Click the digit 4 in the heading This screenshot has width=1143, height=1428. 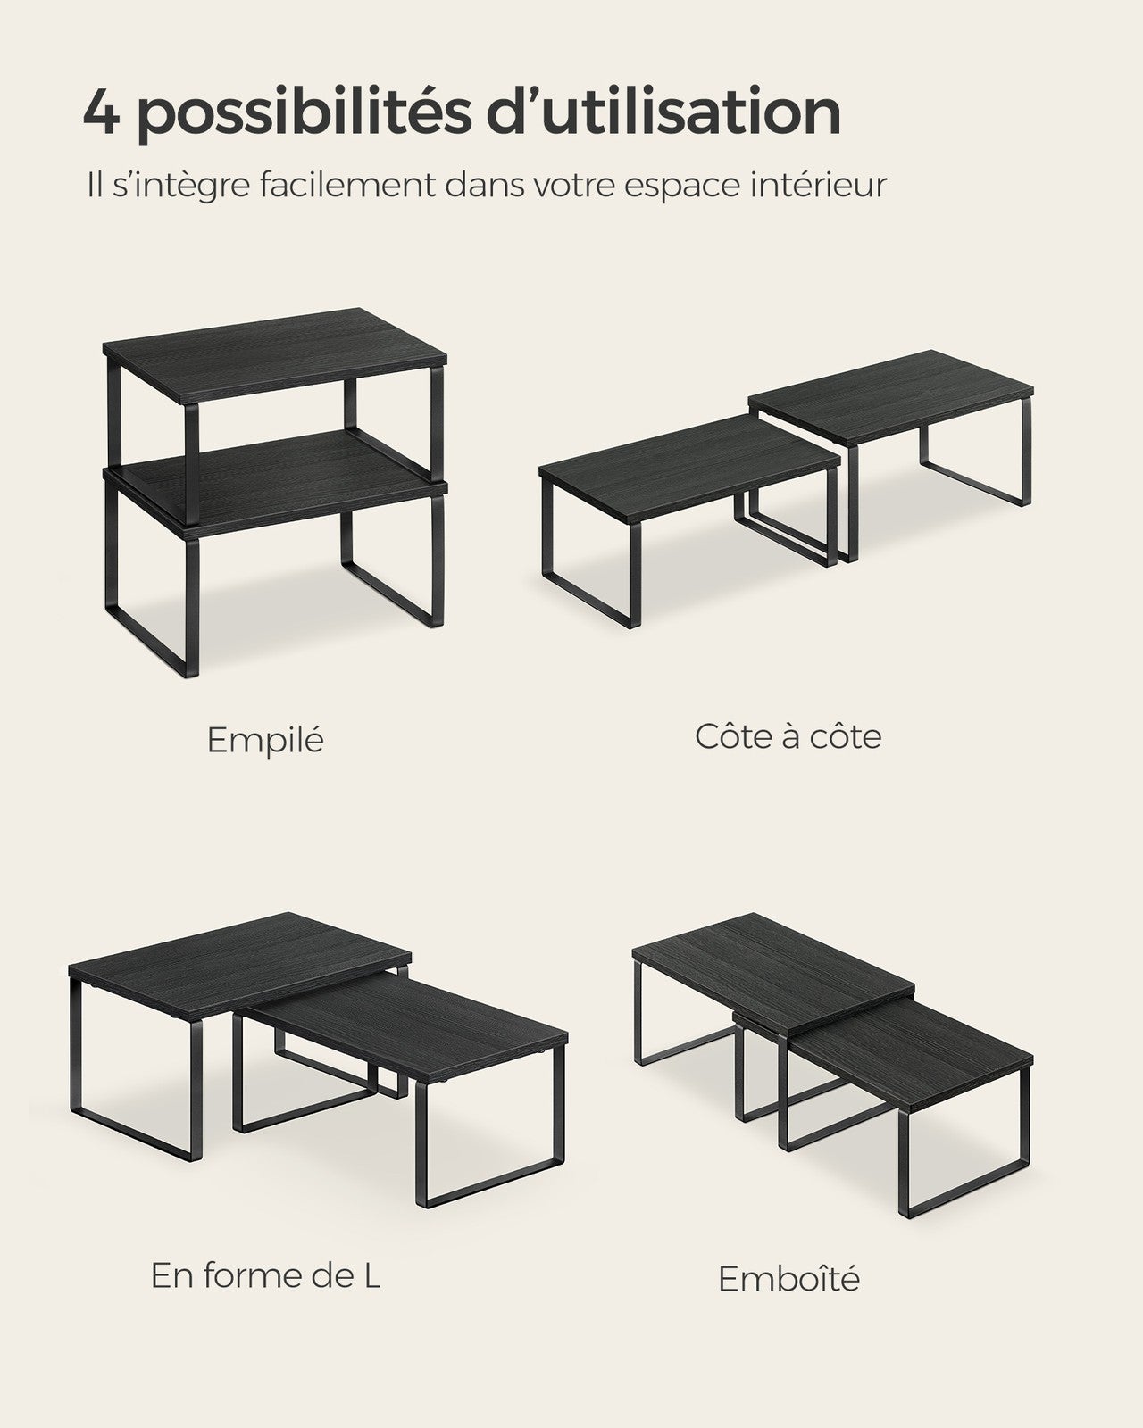102,112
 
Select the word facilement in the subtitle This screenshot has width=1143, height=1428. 346,185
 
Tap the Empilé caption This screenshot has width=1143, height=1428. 265,740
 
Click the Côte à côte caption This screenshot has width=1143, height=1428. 788,736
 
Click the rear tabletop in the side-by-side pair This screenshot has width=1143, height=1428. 890,398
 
